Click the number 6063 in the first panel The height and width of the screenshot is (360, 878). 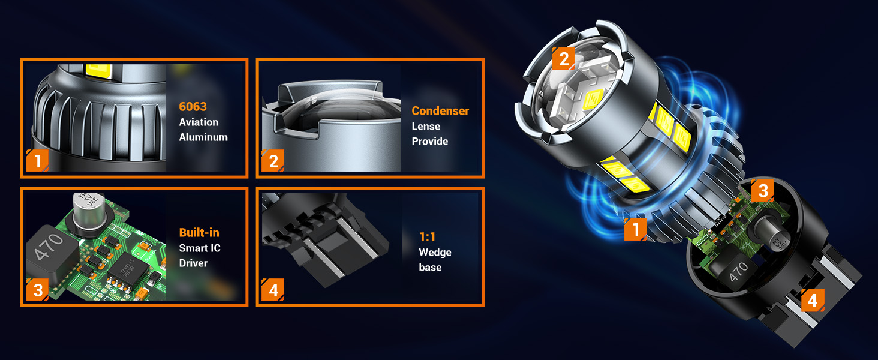[x=193, y=107]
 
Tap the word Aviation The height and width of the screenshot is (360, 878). [x=199, y=122]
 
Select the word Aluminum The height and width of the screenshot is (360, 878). [x=203, y=137]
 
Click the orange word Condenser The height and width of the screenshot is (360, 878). [x=440, y=111]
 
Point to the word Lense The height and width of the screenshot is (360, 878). [x=426, y=126]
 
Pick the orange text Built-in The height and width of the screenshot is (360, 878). [x=199, y=233]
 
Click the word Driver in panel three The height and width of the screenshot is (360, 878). [x=193, y=263]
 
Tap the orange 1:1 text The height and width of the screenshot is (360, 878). [x=427, y=237]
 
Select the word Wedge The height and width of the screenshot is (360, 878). [x=435, y=252]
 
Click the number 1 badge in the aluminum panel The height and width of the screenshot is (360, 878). [x=37, y=161]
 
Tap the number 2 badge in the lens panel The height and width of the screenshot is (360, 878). [x=273, y=161]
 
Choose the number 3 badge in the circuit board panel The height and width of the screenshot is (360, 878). [x=37, y=291]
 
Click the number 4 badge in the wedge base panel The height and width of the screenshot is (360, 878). [x=273, y=291]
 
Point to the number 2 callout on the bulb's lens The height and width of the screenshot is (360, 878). [x=563, y=58]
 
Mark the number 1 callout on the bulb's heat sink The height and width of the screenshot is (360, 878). [x=635, y=229]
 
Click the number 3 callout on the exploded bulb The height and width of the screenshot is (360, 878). [x=763, y=191]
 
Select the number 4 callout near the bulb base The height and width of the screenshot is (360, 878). [x=813, y=300]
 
